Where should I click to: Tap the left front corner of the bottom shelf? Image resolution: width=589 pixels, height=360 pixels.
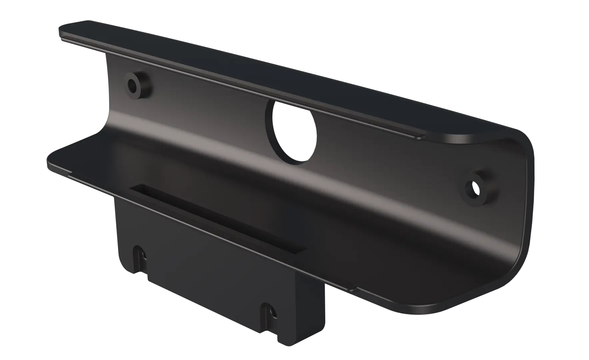point(50,160)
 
